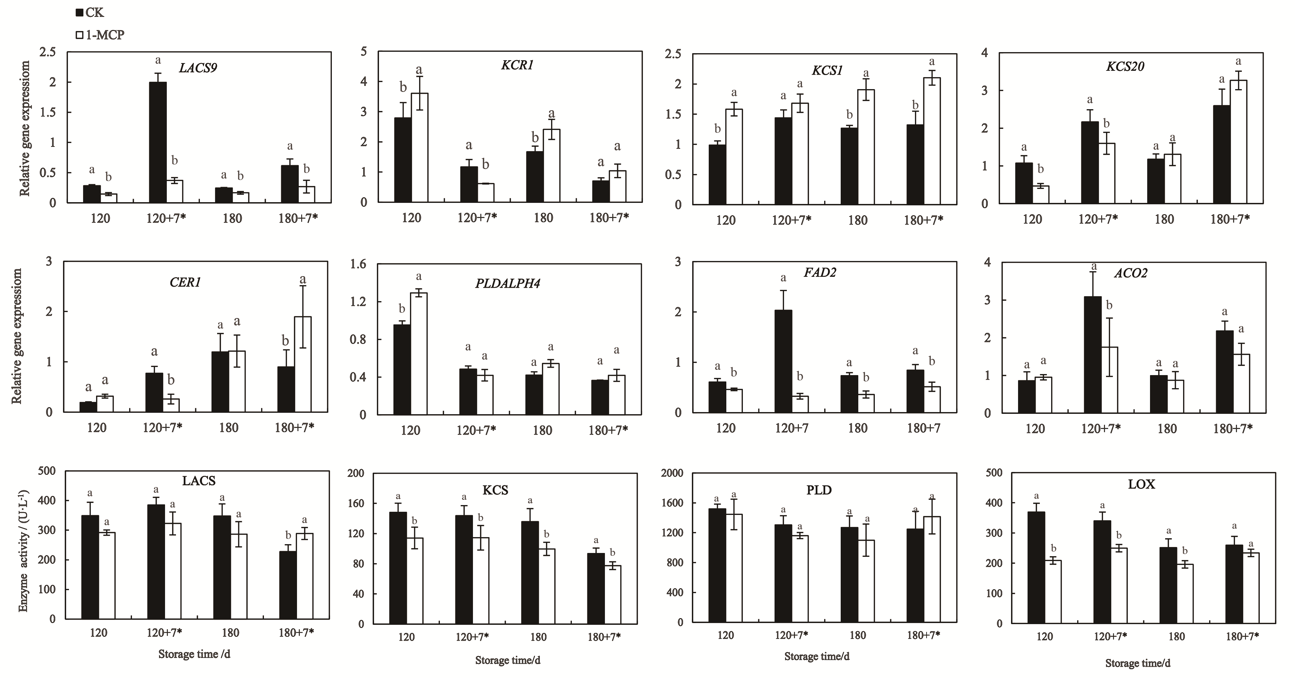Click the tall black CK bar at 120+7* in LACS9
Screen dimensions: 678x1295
tap(158, 142)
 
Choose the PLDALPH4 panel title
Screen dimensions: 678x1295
tap(508, 284)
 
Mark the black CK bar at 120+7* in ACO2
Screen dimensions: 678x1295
tap(1092, 355)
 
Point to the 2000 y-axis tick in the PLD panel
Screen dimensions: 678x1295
tap(672, 473)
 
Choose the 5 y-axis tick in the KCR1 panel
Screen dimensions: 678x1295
tap(364, 52)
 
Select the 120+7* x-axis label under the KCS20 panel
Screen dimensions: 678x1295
tap(1098, 219)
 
